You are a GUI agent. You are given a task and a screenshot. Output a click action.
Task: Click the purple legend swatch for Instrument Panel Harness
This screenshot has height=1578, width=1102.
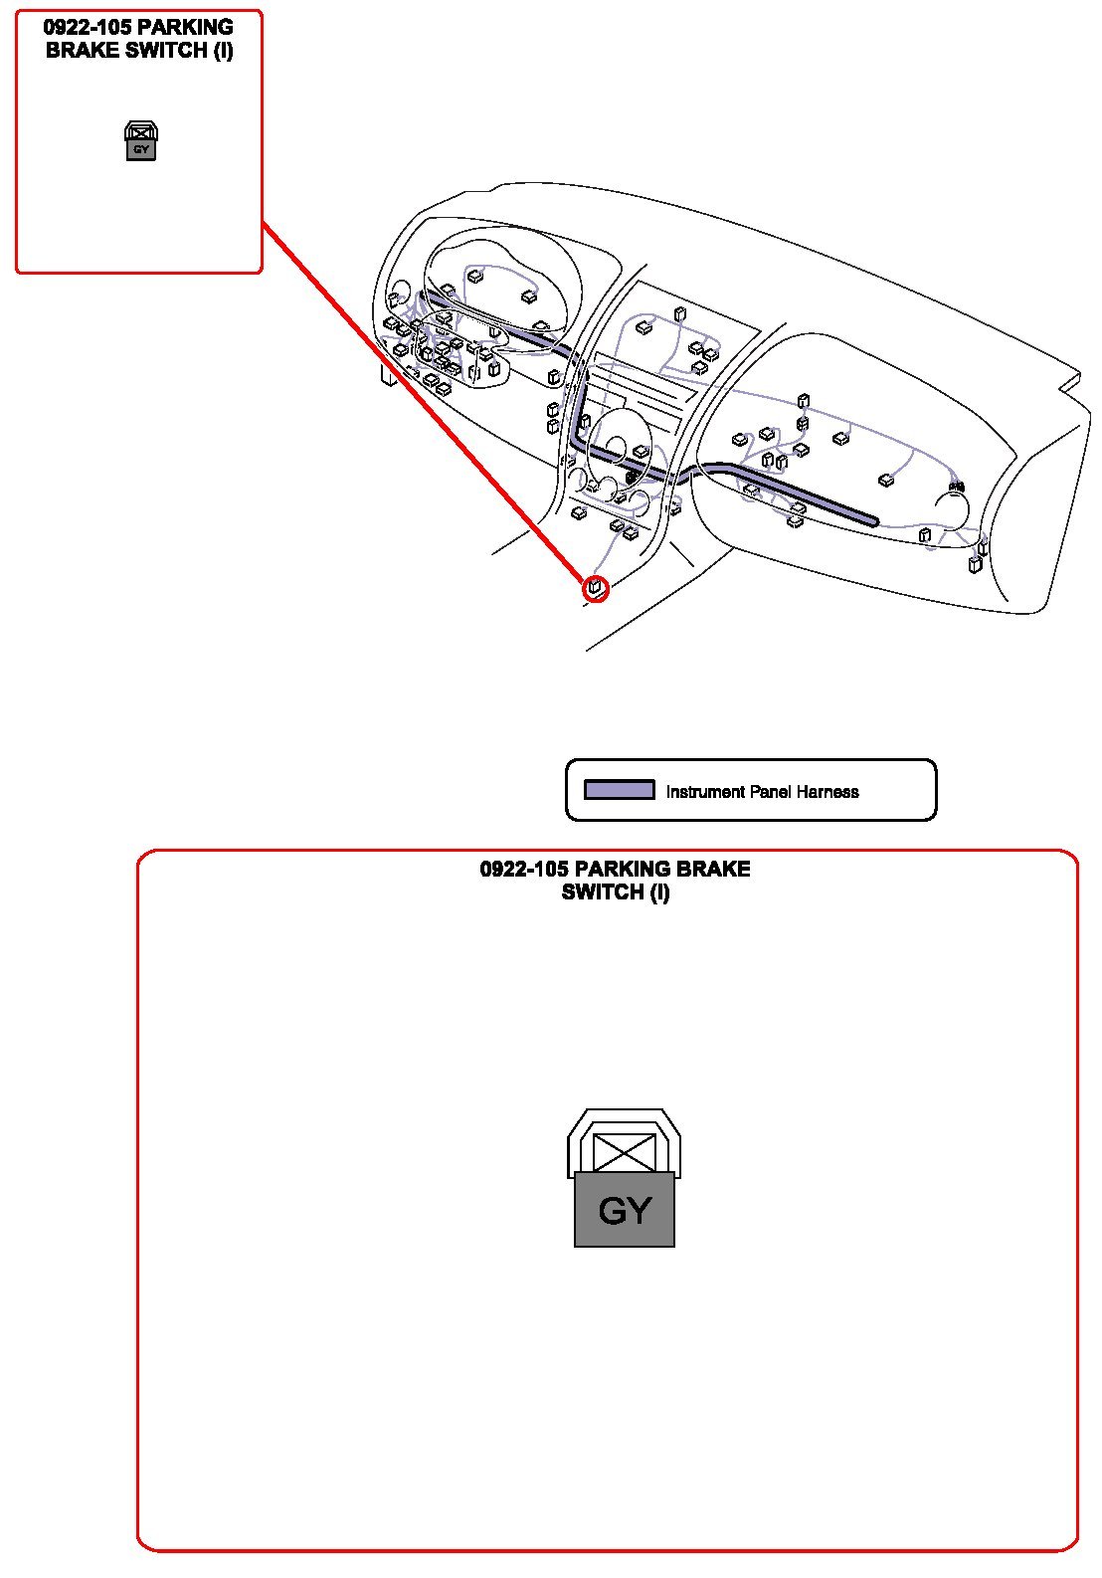click(x=619, y=790)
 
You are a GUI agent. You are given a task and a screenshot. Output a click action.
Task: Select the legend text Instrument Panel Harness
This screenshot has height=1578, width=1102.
click(x=762, y=792)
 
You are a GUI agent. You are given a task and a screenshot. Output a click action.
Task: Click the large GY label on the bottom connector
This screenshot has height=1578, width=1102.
click(x=625, y=1211)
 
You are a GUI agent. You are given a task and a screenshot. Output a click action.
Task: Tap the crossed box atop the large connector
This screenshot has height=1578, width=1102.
click(x=625, y=1151)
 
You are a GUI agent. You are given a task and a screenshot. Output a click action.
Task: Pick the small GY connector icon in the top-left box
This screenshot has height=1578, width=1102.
click(x=140, y=141)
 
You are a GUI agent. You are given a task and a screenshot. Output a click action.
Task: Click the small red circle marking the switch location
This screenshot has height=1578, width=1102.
click(x=595, y=588)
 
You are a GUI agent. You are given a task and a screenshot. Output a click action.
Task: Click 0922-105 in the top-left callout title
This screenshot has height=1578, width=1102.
click(x=88, y=28)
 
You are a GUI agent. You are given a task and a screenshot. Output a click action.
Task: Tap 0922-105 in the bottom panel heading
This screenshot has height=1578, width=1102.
click(x=524, y=869)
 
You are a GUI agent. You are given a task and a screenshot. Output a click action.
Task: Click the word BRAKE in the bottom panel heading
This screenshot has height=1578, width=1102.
click(x=713, y=869)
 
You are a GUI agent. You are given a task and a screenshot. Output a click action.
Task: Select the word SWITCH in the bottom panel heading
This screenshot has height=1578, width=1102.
click(x=603, y=892)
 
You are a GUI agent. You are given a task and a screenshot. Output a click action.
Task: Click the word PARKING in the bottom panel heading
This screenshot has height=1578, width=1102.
click(x=623, y=869)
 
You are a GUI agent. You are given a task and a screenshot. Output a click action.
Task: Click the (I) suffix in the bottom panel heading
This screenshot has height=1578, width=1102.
click(x=659, y=892)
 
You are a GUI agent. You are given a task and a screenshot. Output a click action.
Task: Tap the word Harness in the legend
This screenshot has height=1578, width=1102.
click(x=827, y=792)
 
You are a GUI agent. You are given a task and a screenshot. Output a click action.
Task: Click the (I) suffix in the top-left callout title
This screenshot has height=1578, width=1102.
click(x=223, y=51)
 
